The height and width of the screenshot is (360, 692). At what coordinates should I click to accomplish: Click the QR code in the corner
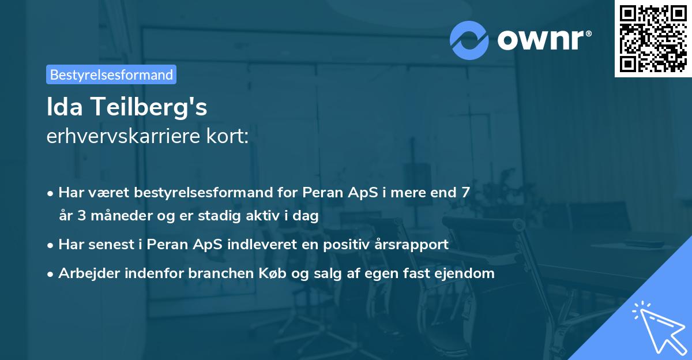tap(653, 39)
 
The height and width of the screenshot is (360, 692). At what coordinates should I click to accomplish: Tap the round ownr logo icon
tap(469, 40)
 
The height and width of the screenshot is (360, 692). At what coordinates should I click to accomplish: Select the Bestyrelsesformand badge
tap(111, 74)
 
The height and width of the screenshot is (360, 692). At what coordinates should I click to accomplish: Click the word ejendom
tap(466, 273)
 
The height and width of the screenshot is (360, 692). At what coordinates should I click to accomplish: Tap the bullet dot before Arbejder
tap(51, 273)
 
